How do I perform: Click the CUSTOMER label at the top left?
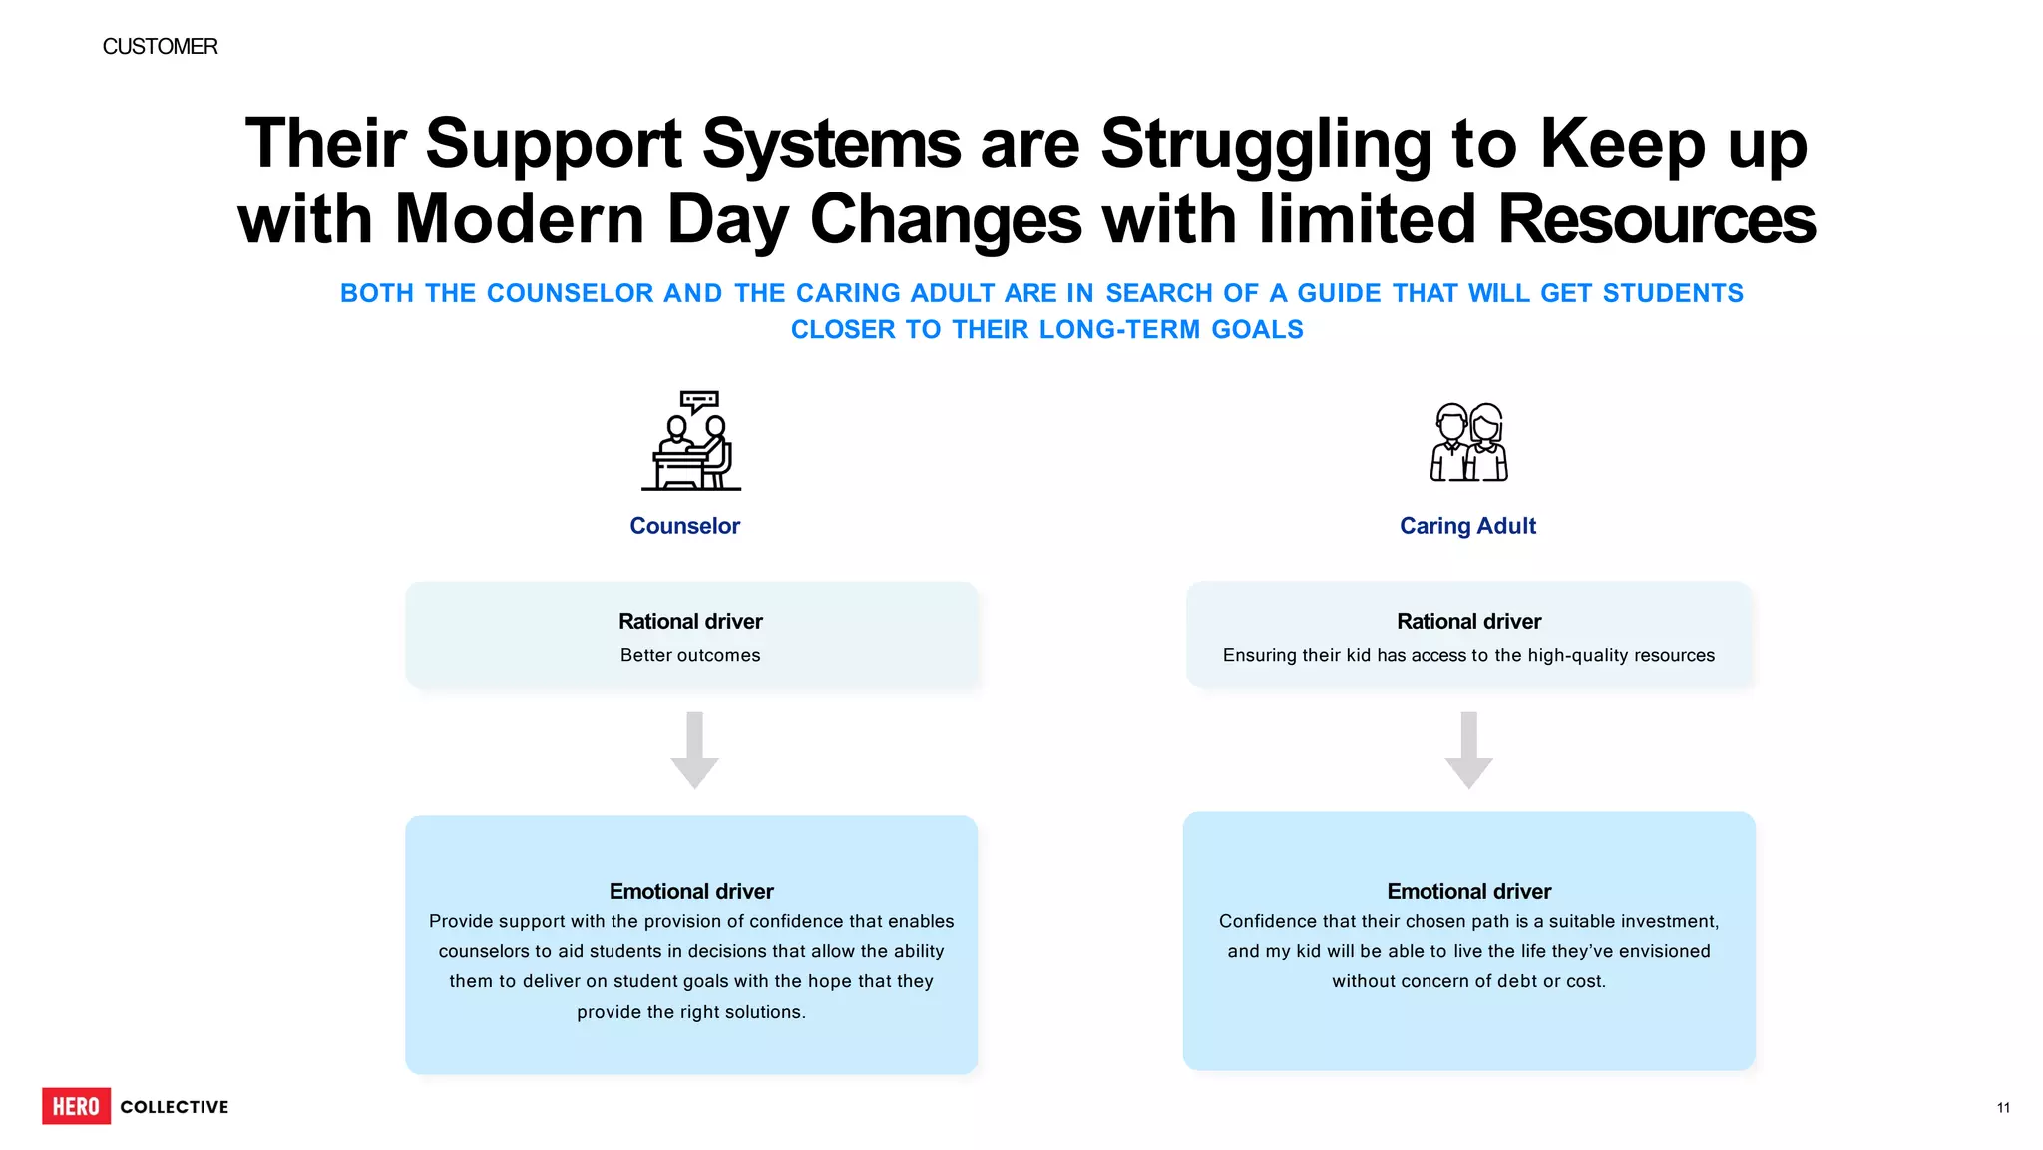click(x=160, y=47)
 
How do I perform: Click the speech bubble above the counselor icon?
click(x=699, y=402)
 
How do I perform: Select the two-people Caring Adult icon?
click(x=1468, y=442)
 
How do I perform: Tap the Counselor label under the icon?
click(x=684, y=526)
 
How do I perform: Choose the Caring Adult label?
click(x=1467, y=526)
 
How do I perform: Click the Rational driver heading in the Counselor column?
click(x=690, y=621)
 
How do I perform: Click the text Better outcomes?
click(x=690, y=655)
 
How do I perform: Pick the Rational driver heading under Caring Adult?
click(x=1468, y=621)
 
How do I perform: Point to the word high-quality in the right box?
click(x=1574, y=655)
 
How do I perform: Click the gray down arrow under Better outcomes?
click(x=694, y=750)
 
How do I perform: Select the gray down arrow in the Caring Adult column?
click(x=1468, y=750)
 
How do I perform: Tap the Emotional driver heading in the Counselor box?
click(x=691, y=891)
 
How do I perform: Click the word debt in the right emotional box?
click(x=1517, y=981)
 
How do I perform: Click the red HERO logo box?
click(x=76, y=1106)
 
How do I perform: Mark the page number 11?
click(x=2003, y=1108)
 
